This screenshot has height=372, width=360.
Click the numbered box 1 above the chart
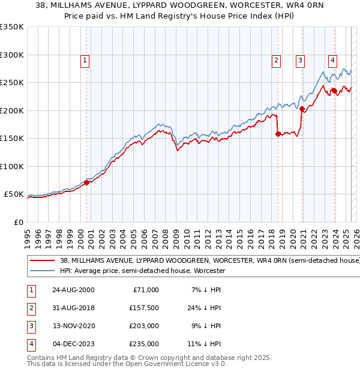[x=85, y=60]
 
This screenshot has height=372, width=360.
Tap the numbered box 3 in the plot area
[x=299, y=60]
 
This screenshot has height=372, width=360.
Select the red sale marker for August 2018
[x=278, y=134]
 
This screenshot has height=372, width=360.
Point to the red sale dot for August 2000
[x=87, y=182]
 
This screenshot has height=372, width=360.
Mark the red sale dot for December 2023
[x=334, y=91]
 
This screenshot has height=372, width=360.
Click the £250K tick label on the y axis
[x=12, y=82]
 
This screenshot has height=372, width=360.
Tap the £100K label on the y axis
[x=12, y=166]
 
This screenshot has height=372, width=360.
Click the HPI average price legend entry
[x=142, y=271]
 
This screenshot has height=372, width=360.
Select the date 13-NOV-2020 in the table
[x=73, y=327]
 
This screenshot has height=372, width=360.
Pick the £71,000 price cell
[x=145, y=290]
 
